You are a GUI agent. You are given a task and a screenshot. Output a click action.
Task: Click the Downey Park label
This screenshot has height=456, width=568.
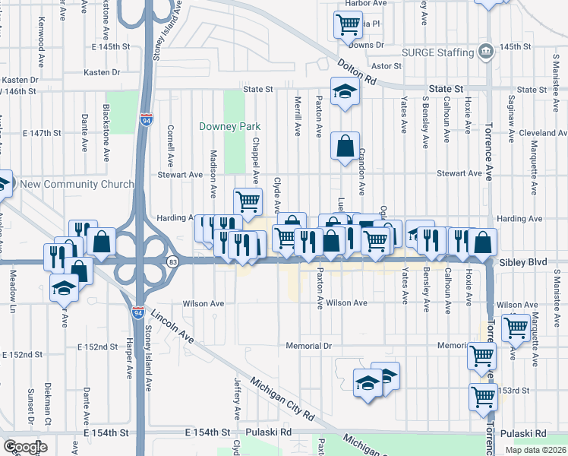pos(229,126)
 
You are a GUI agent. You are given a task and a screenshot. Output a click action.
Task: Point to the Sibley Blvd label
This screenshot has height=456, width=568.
pos(523,261)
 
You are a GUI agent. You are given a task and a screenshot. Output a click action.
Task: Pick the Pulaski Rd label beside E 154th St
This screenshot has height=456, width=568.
pos(274,432)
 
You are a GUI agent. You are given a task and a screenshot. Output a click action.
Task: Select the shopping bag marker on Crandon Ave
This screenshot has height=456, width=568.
pos(345,145)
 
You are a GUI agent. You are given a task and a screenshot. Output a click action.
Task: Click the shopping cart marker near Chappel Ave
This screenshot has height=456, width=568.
pos(248,201)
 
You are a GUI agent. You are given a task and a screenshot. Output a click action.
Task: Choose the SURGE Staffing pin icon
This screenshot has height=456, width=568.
pos(484,52)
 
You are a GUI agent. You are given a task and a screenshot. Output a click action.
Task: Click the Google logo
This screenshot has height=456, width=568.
pos(25,447)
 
